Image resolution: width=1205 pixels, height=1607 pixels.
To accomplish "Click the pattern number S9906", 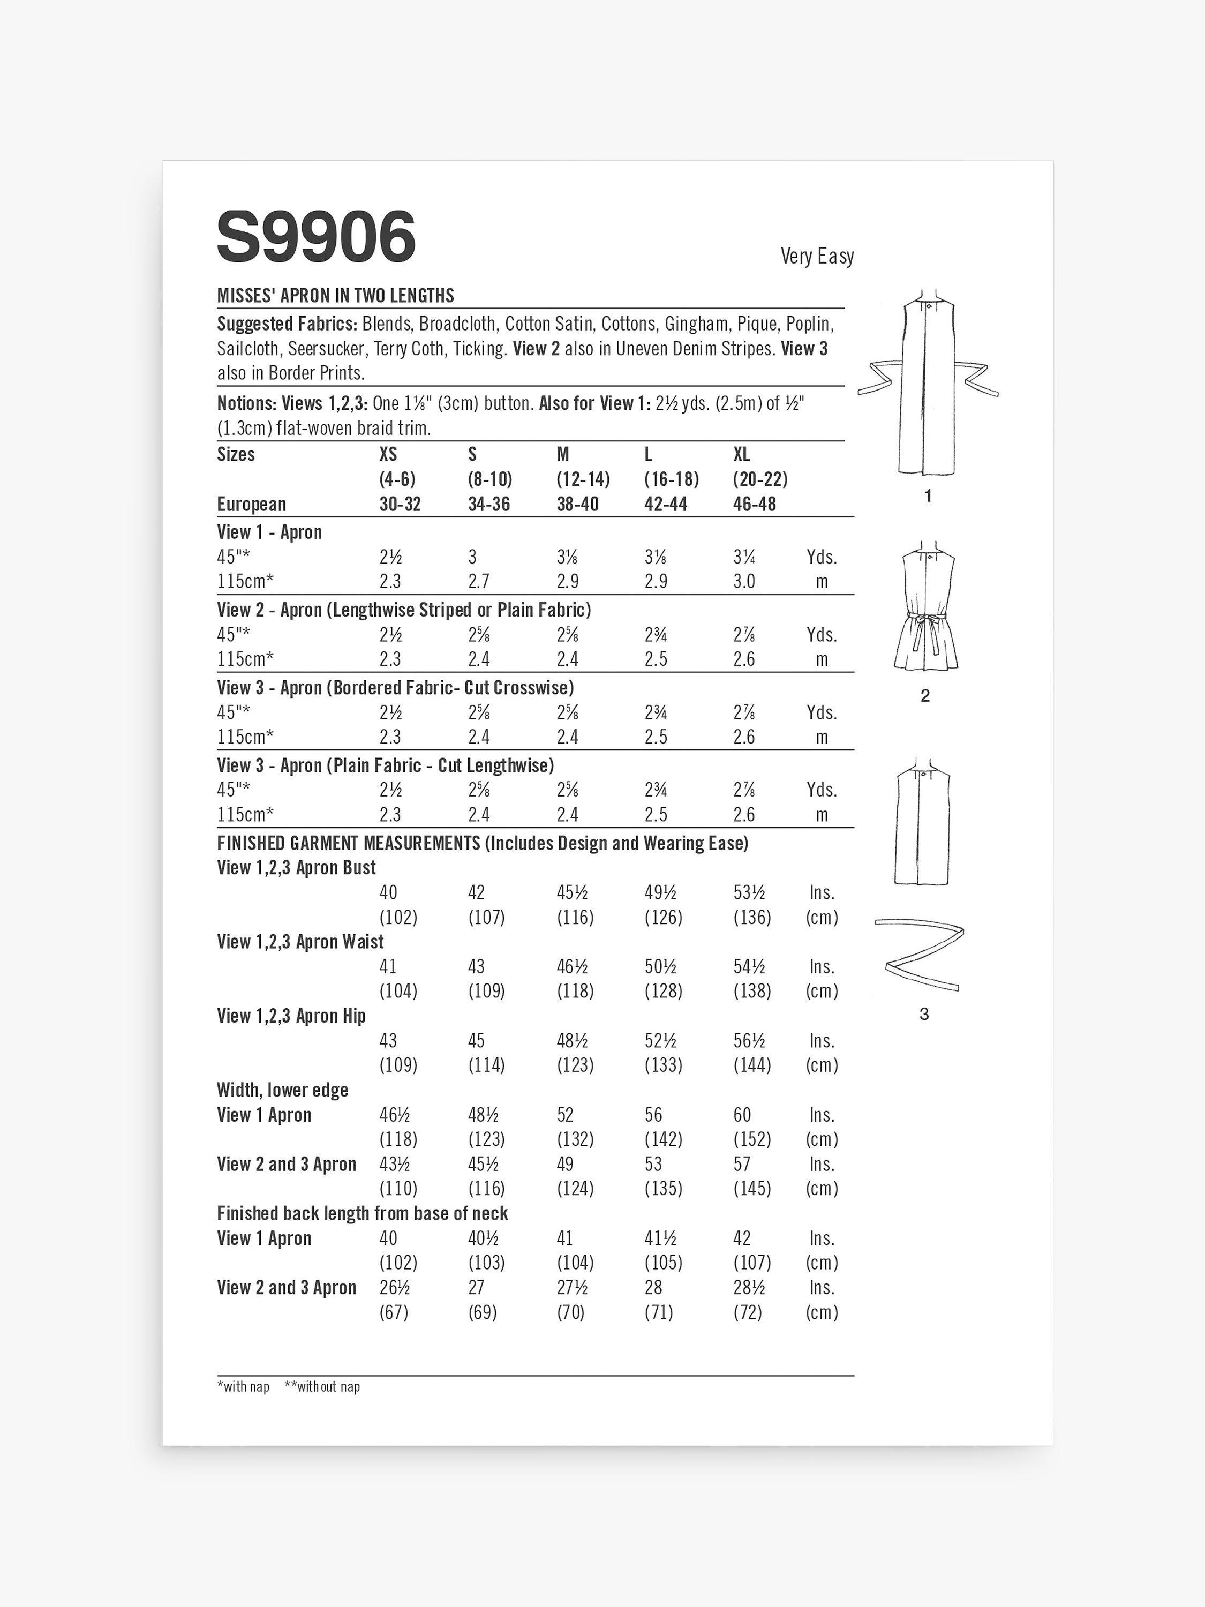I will [316, 236].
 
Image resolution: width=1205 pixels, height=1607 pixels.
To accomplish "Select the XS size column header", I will [389, 455].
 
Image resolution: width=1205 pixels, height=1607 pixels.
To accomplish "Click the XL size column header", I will [742, 455].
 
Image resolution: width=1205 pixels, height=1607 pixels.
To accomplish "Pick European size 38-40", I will [577, 504].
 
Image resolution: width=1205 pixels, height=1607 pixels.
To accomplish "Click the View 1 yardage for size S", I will [473, 557].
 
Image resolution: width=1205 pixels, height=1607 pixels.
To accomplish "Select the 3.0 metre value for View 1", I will [744, 582].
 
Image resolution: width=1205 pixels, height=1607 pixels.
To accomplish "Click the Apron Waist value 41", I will [389, 966].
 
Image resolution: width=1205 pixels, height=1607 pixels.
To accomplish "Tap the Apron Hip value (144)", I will [752, 1065].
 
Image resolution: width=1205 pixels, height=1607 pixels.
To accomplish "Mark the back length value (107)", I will [752, 1263].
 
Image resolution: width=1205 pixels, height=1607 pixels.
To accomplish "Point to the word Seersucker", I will [326, 349].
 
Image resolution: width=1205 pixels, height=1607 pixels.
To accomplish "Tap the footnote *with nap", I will [243, 1387].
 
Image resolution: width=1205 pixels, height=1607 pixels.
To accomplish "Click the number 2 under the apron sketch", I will [924, 696].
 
